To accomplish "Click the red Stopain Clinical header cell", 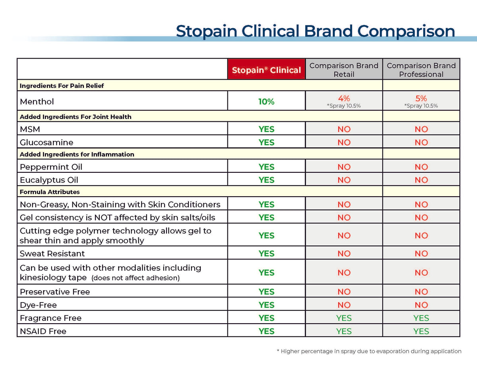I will point(266,70).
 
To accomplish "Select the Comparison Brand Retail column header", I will point(344,70).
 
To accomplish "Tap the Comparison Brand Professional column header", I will point(421,70).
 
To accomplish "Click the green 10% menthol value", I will point(266,102).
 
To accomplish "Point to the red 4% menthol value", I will point(344,98).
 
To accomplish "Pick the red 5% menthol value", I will point(421,98).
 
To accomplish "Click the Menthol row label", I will point(37,102).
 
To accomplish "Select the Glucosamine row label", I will point(47,142).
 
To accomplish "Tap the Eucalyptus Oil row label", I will point(49,180).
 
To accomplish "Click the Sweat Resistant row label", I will point(52,254).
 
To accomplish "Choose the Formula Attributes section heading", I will point(50,192).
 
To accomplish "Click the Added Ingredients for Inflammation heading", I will point(77,154).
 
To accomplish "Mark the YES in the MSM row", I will point(266,129).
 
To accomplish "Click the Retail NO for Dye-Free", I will point(344,305).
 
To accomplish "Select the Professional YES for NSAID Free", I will point(421,331).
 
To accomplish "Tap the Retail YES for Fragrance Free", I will point(344,318).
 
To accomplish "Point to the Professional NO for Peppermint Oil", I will point(421,167).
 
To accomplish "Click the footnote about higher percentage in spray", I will point(369,351).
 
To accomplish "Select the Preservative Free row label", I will point(55,292).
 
